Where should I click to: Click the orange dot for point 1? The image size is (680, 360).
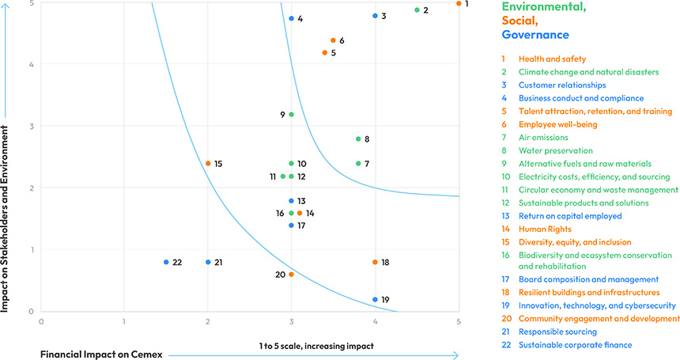pyautogui.click(x=459, y=3)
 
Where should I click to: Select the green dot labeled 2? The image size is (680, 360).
pyautogui.click(x=417, y=10)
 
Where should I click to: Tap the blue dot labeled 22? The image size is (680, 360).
pyautogui.click(x=166, y=262)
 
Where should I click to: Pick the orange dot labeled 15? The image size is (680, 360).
pyautogui.click(x=208, y=164)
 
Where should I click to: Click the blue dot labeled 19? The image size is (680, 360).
pyautogui.click(x=375, y=300)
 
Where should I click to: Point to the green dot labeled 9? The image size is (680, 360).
pyautogui.click(x=291, y=115)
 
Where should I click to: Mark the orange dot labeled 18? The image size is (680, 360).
pyautogui.click(x=375, y=262)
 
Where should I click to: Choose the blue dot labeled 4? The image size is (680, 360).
pyautogui.click(x=291, y=18)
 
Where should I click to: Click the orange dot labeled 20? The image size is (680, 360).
pyautogui.click(x=291, y=275)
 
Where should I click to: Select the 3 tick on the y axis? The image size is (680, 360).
pyautogui.click(x=32, y=126)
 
